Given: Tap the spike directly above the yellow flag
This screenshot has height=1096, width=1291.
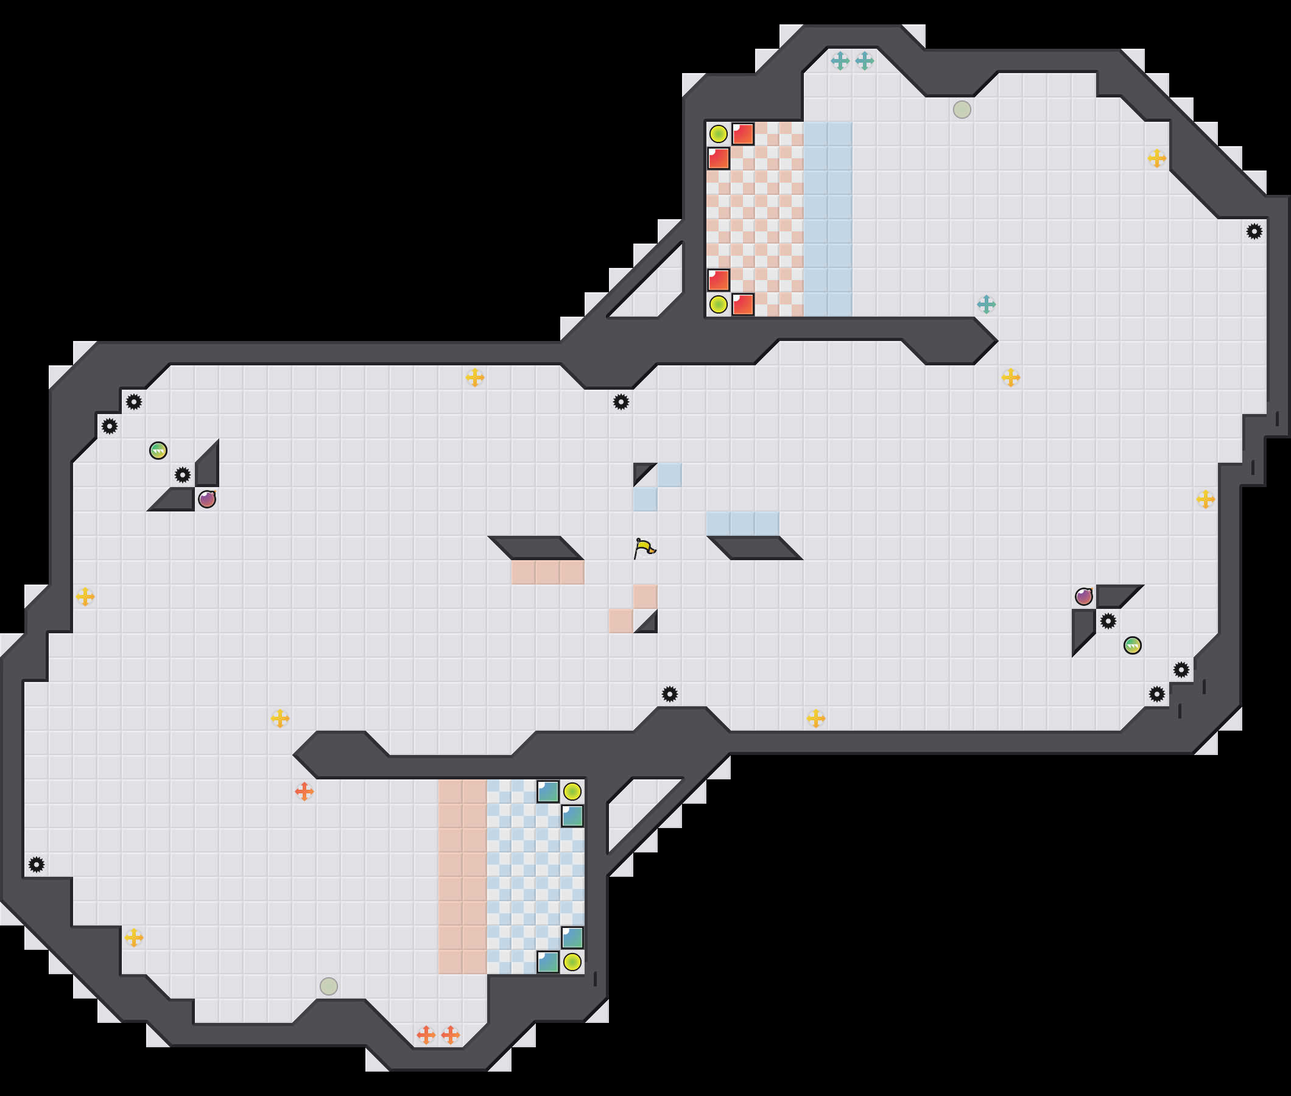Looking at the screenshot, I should click(x=621, y=402).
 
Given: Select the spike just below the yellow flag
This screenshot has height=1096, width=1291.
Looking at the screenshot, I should click(x=669, y=694).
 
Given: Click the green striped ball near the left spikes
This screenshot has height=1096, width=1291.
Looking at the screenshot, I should click(x=158, y=451).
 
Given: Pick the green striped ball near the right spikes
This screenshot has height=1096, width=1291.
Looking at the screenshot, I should click(x=1132, y=645).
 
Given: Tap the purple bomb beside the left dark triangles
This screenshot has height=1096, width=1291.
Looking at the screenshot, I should click(x=207, y=499).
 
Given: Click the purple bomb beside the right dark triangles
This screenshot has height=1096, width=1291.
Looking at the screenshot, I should click(x=1083, y=597).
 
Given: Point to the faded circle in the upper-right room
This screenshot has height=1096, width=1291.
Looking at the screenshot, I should click(x=962, y=110).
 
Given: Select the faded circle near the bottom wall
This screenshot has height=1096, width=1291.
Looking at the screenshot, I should click(x=329, y=986).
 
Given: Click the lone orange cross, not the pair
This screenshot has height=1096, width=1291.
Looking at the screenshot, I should click(x=304, y=792).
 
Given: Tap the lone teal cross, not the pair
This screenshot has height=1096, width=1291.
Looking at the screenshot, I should click(x=986, y=304).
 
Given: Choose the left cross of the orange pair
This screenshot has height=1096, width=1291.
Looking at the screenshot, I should click(x=426, y=1035).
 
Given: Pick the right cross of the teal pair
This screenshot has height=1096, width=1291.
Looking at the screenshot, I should click(x=864, y=61).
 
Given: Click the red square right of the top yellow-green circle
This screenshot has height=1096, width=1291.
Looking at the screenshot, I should click(x=742, y=134).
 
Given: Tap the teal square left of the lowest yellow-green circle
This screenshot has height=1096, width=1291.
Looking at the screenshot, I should click(x=548, y=962).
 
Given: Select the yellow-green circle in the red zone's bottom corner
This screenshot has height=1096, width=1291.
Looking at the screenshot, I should click(x=718, y=304).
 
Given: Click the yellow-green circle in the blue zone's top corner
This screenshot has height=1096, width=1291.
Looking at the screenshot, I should click(x=572, y=792).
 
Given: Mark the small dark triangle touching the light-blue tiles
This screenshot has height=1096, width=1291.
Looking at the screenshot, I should click(x=644, y=474).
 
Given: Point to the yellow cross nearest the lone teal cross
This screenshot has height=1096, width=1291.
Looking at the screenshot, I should click(x=1010, y=377).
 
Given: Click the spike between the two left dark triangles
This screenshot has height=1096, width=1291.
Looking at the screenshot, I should click(x=183, y=476).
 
